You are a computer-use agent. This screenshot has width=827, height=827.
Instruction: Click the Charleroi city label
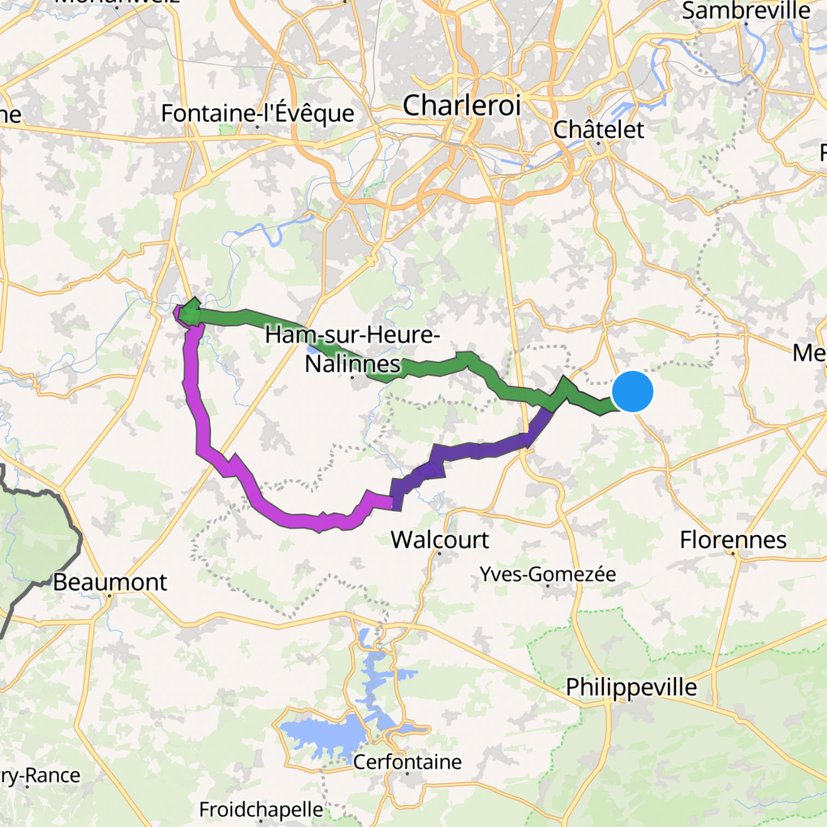tap(461, 105)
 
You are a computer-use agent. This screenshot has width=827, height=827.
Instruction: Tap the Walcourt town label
tap(440, 540)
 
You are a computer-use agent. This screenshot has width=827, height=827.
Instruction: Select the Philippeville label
tap(631, 687)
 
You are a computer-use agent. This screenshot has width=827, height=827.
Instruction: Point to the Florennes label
tap(733, 540)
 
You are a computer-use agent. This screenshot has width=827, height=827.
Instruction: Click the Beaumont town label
tap(110, 582)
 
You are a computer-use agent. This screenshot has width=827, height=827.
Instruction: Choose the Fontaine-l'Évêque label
tap(258, 113)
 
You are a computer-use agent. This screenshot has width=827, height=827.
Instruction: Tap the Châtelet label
tap(598, 130)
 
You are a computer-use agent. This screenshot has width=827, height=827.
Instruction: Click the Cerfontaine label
tap(407, 761)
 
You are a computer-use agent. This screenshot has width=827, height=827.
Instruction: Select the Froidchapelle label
tap(261, 809)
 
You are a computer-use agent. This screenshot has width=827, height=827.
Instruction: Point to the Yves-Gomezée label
tap(548, 574)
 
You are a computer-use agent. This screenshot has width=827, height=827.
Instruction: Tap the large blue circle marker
tap(632, 391)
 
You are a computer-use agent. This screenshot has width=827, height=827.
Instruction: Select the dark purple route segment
tap(481, 450)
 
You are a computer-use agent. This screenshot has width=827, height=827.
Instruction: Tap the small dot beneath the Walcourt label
tap(440, 553)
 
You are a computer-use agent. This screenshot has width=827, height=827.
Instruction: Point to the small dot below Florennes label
tap(733, 553)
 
